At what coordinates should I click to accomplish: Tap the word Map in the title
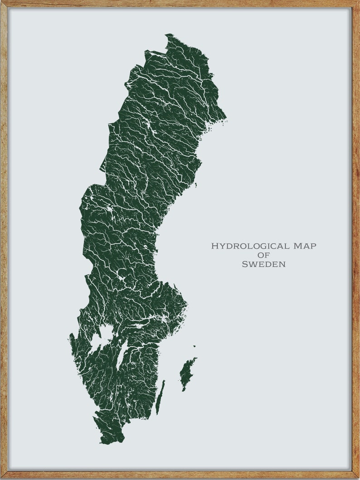point(305,246)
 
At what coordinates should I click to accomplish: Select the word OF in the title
point(263,255)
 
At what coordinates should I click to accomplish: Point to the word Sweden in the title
point(263,264)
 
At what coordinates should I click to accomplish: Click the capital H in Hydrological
point(214,246)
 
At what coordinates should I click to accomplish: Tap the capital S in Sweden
point(244,264)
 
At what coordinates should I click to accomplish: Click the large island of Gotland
point(187,373)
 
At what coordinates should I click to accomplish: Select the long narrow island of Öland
point(160,397)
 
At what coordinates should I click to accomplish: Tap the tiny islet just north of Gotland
point(194,347)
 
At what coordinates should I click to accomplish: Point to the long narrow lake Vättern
point(121,354)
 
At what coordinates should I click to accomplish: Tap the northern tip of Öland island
point(164,381)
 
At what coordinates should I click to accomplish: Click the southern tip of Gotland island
point(183,390)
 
